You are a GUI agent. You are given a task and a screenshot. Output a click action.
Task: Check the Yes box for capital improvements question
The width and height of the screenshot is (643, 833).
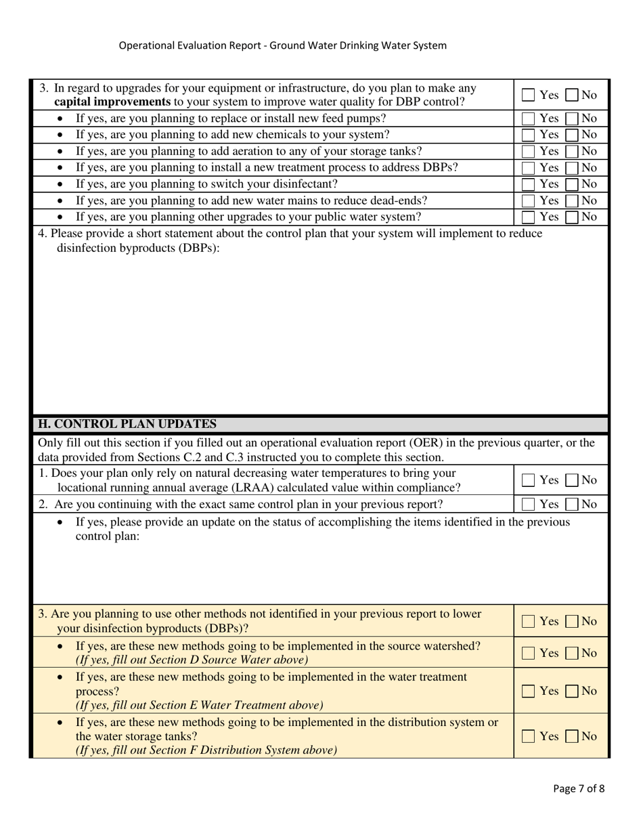(x=529, y=95)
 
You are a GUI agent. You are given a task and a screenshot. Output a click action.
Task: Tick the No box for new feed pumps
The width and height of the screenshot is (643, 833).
(x=572, y=119)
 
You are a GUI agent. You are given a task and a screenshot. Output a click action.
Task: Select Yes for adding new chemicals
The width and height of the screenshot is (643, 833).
(x=529, y=135)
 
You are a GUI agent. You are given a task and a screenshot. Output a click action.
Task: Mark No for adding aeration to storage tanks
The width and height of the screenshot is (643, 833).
(x=572, y=151)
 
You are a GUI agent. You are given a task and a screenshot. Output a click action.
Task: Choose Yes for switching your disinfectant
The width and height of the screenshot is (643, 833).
(x=529, y=184)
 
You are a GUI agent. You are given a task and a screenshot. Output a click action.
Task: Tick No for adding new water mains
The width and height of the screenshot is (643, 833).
(x=572, y=200)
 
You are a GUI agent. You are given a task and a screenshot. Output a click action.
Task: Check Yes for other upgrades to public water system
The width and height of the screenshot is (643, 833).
(x=529, y=217)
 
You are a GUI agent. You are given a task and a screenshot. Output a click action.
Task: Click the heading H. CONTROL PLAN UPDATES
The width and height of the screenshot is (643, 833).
(x=127, y=425)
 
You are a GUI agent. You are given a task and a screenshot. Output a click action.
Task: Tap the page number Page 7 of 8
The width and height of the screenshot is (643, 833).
(x=579, y=788)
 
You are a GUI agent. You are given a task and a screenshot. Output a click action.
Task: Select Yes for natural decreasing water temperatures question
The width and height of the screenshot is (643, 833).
(x=529, y=480)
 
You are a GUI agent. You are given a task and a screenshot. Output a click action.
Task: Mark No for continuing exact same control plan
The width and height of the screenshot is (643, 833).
(x=572, y=504)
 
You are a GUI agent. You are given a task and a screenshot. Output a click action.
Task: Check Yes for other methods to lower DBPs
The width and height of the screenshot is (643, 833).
(x=529, y=621)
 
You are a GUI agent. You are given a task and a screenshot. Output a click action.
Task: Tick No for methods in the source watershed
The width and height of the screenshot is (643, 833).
(x=572, y=654)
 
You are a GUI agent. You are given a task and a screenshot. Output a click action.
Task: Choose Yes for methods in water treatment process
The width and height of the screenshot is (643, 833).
(x=529, y=691)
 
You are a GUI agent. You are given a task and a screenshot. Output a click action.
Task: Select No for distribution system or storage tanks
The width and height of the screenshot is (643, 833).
(x=572, y=736)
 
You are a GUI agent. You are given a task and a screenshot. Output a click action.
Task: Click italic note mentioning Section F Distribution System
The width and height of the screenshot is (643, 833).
(x=206, y=750)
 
